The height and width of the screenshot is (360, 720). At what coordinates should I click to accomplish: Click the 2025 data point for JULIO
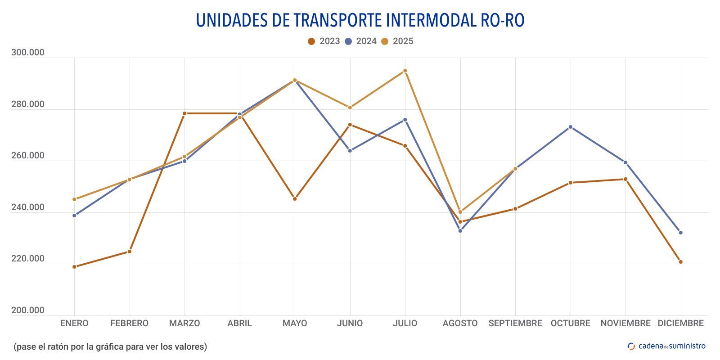(405, 71)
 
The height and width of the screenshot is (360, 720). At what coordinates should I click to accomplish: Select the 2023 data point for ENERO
(74, 267)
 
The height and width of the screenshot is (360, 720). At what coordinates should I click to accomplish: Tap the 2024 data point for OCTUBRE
(570, 127)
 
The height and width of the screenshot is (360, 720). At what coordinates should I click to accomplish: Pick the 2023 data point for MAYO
(295, 199)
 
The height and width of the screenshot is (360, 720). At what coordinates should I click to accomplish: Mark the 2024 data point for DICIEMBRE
(680, 233)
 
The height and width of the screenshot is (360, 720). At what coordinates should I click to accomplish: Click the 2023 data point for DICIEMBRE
(680, 262)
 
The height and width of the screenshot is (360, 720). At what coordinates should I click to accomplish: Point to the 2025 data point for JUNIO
(350, 108)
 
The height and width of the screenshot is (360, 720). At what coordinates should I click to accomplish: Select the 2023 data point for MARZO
(184, 113)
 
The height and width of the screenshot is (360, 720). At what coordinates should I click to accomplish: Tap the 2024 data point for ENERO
(74, 216)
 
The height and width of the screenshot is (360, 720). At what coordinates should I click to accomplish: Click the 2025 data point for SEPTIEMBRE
(515, 169)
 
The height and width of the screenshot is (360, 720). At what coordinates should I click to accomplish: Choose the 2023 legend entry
(324, 41)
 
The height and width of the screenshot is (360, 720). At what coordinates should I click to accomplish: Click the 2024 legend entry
(360, 41)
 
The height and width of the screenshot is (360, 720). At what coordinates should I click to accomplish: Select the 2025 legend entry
(397, 41)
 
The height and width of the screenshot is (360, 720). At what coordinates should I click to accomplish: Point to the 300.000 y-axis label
(28, 53)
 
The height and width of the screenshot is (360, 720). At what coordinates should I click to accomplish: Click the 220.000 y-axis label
(28, 259)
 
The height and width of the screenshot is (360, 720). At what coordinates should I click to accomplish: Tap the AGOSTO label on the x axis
(460, 324)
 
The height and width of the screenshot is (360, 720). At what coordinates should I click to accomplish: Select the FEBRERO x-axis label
(129, 324)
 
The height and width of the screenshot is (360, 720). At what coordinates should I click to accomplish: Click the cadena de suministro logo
(666, 346)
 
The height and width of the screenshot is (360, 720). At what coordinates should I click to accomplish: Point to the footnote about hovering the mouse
(110, 347)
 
